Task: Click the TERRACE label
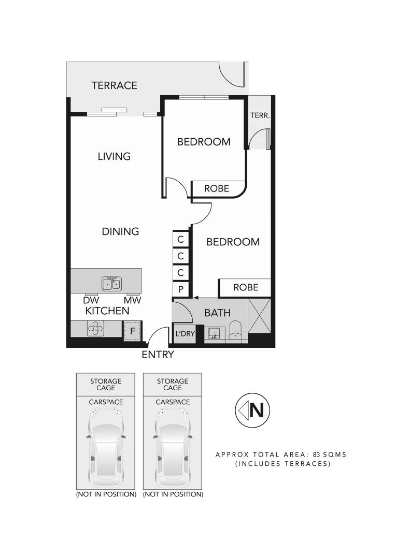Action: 114,85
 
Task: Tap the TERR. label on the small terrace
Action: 260,116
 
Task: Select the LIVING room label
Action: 114,156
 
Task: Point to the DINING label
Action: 120,231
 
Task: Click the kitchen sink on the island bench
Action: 112,284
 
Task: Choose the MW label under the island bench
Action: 132,300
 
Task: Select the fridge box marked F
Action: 132,330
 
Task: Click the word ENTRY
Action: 158,355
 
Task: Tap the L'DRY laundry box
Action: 185,334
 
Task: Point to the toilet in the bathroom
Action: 236,330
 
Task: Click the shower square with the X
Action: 259,317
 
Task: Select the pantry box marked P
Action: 181,289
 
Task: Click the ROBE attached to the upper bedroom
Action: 217,189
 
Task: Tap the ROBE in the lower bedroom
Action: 245,288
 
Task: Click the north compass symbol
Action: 251,411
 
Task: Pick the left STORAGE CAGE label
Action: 106,384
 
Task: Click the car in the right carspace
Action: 173,447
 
